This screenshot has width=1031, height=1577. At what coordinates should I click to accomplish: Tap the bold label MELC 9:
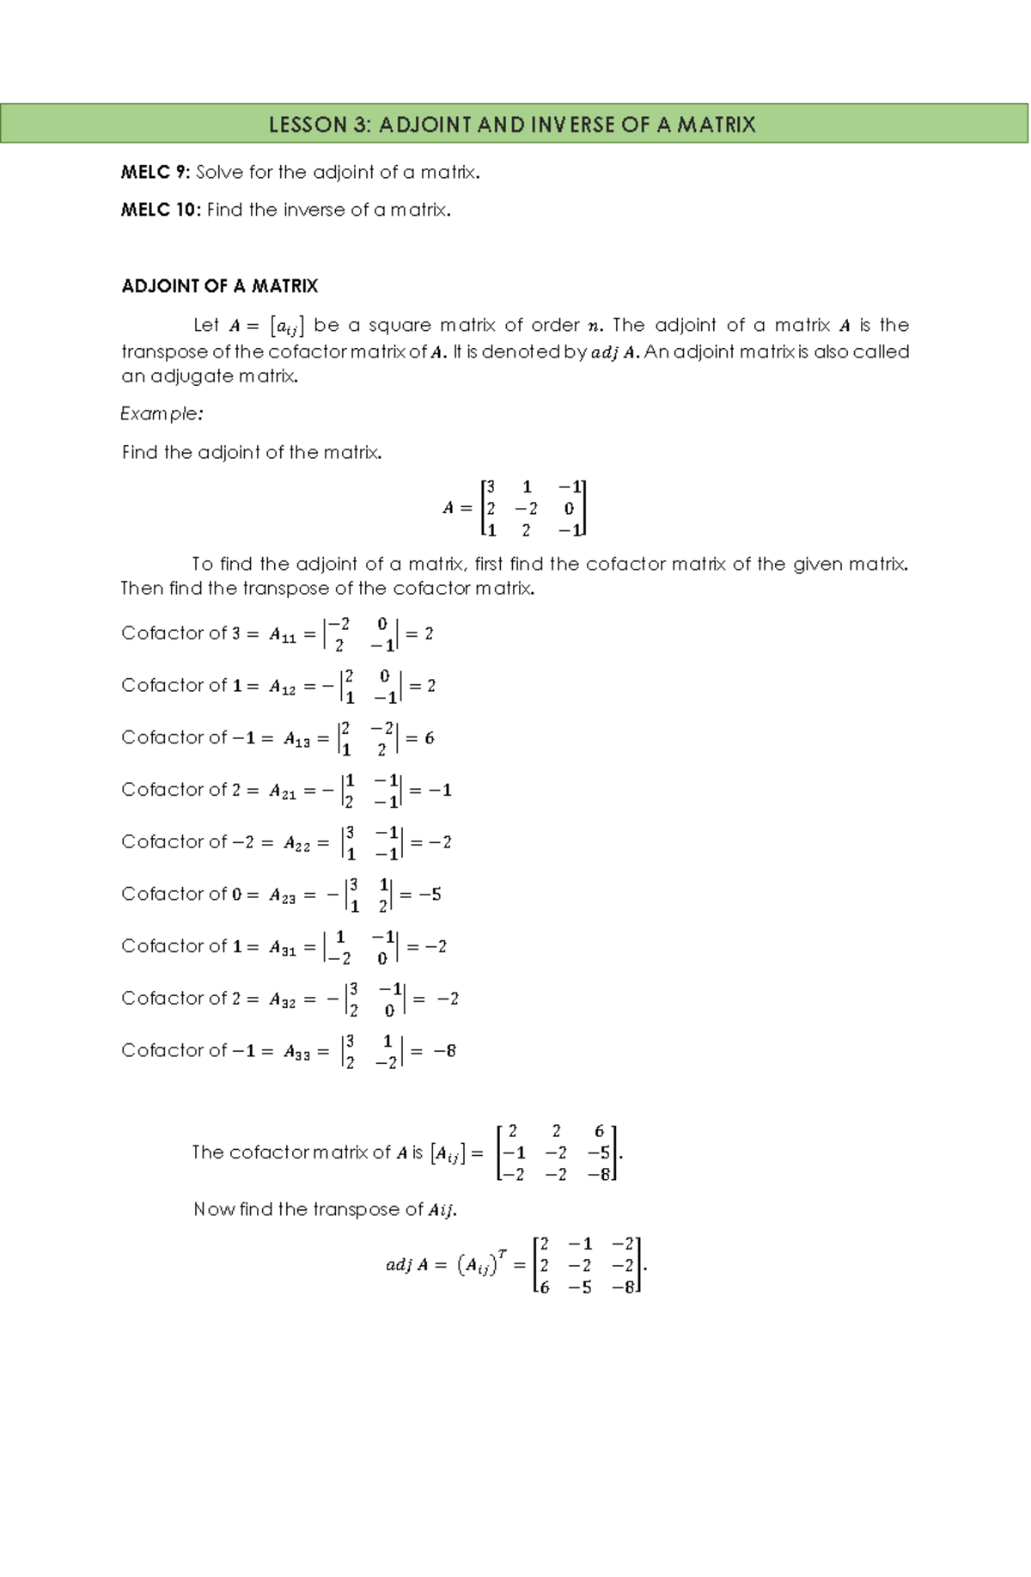156,173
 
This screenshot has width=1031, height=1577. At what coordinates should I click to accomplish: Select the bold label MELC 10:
161,211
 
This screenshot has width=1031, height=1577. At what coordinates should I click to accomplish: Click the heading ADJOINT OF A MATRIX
220,286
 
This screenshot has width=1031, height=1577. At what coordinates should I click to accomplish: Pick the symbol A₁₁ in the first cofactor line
283,636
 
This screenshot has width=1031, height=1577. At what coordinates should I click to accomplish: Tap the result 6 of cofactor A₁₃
429,739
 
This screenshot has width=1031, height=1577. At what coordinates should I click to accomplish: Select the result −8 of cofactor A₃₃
444,1051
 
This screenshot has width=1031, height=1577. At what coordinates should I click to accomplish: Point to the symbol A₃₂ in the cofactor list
283,1000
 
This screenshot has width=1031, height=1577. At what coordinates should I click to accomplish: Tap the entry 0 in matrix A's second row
569,509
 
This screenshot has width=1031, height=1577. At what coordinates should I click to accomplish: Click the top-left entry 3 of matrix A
491,487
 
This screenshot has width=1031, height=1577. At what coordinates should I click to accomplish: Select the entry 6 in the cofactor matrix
599,1132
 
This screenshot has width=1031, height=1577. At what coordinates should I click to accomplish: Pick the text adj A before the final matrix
407,1265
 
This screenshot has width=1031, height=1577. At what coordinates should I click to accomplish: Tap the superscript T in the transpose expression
503,1254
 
